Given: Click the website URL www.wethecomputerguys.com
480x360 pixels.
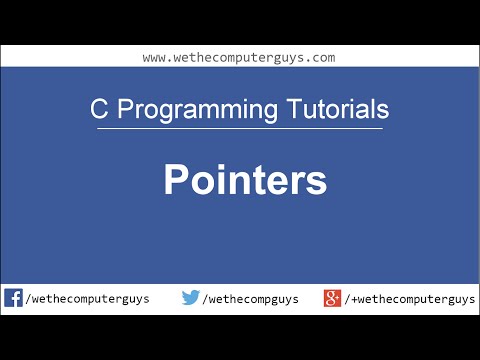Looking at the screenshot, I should tap(238, 57).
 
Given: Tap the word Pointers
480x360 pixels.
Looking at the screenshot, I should tap(245, 181).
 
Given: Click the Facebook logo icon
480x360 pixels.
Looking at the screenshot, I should tap(14, 298).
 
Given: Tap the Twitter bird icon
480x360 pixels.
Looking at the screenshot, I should tap(191, 298).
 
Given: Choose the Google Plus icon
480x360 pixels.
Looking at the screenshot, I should tap(333, 298).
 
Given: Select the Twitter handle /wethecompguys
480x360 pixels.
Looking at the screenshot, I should tap(250, 299).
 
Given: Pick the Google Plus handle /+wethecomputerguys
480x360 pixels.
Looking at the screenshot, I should tap(411, 299).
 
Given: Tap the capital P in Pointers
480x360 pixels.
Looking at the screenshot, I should tap(176, 181).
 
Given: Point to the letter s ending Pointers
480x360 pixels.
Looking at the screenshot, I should tap(317, 184).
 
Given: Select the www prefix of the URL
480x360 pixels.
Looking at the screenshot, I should tap(154, 57).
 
